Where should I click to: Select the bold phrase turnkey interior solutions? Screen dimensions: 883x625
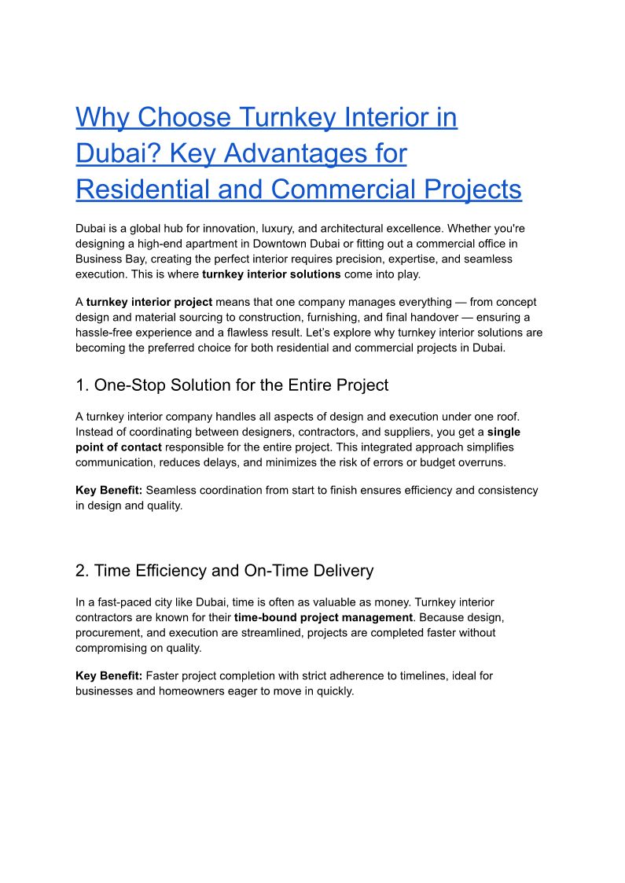[x=271, y=274]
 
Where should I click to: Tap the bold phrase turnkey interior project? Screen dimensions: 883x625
[x=149, y=302]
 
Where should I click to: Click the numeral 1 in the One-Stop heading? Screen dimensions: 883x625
[x=80, y=385]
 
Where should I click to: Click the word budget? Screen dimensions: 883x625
[x=429, y=462]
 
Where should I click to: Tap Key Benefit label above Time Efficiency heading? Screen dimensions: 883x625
[x=108, y=490]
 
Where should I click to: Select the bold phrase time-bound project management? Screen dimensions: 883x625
[x=323, y=617]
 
